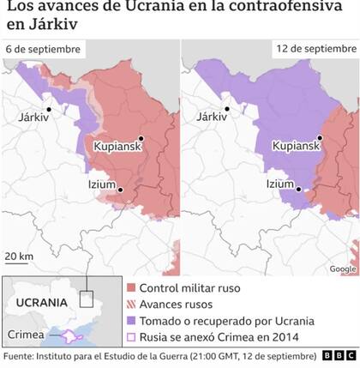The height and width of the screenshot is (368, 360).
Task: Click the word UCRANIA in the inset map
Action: [x=39, y=303]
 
